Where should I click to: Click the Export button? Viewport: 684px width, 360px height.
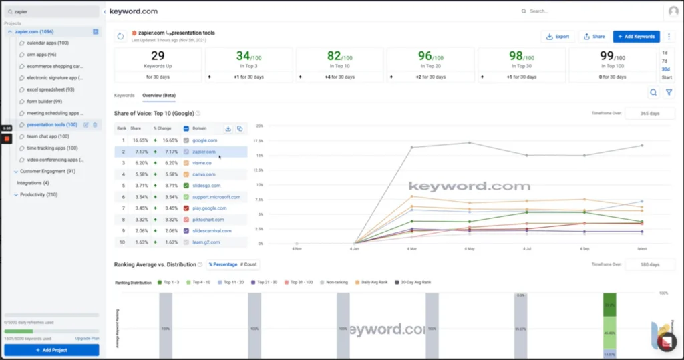pyautogui.click(x=558, y=37)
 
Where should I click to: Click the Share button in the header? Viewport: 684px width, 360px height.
pyautogui.click(x=594, y=37)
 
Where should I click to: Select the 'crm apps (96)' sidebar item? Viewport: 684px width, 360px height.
pyautogui.click(x=41, y=55)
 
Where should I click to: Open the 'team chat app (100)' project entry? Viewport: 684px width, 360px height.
pyautogui.click(x=52, y=136)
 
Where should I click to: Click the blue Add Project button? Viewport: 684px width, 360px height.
pyautogui.click(x=51, y=350)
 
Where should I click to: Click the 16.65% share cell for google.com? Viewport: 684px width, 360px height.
pyautogui.click(x=140, y=140)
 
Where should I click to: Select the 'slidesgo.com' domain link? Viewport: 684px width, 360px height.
pyautogui.click(x=206, y=186)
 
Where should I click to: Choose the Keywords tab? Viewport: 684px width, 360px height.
pyautogui.click(x=124, y=96)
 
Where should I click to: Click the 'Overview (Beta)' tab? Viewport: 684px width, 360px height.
pyautogui.click(x=159, y=96)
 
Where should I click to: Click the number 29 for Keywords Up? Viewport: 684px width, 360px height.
pyautogui.click(x=158, y=56)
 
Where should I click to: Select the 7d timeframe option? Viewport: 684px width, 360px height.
pyautogui.click(x=665, y=61)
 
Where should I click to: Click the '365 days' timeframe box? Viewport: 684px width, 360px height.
pyautogui.click(x=649, y=113)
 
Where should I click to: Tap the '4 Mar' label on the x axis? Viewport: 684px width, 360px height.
pyautogui.click(x=412, y=249)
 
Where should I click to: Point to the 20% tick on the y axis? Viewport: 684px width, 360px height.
pyautogui.click(x=259, y=126)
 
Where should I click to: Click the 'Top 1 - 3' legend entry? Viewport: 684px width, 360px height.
pyautogui.click(x=172, y=282)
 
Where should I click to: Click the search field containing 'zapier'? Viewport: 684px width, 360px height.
pyautogui.click(x=53, y=11)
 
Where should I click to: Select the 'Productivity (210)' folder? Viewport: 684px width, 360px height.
pyautogui.click(x=39, y=194)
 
